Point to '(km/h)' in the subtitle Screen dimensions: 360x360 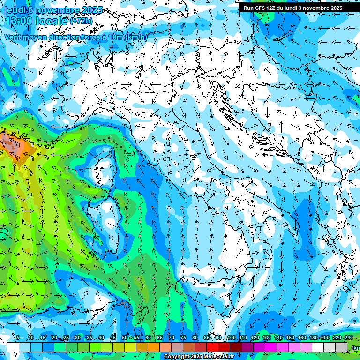coord(136,37)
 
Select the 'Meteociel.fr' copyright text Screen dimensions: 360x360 coord(218,357)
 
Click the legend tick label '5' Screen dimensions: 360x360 coord(18,337)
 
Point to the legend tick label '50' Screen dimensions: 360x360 coord(124,337)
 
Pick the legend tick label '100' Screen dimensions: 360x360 coord(231,337)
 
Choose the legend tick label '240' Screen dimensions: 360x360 coord(348,337)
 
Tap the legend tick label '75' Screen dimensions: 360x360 coord(183,337)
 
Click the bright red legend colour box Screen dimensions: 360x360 coord(212,347)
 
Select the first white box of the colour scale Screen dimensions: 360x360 coord(13,347)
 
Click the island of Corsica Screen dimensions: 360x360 coord(105,166)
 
